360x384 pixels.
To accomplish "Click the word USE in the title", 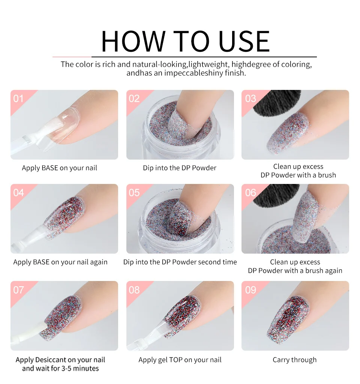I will (244, 41).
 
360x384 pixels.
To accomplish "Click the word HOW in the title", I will (133, 41).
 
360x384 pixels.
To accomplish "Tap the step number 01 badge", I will (18, 99).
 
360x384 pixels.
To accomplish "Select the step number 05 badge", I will (134, 193).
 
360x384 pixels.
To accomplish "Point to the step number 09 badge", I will (250, 290).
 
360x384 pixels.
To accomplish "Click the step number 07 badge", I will (18, 290).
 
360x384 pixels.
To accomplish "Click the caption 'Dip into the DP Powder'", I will (180, 168).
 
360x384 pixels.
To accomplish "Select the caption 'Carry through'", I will (294, 360).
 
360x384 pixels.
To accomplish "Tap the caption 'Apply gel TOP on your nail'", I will (180, 360).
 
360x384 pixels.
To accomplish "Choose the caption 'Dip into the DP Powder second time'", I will (180, 262).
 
